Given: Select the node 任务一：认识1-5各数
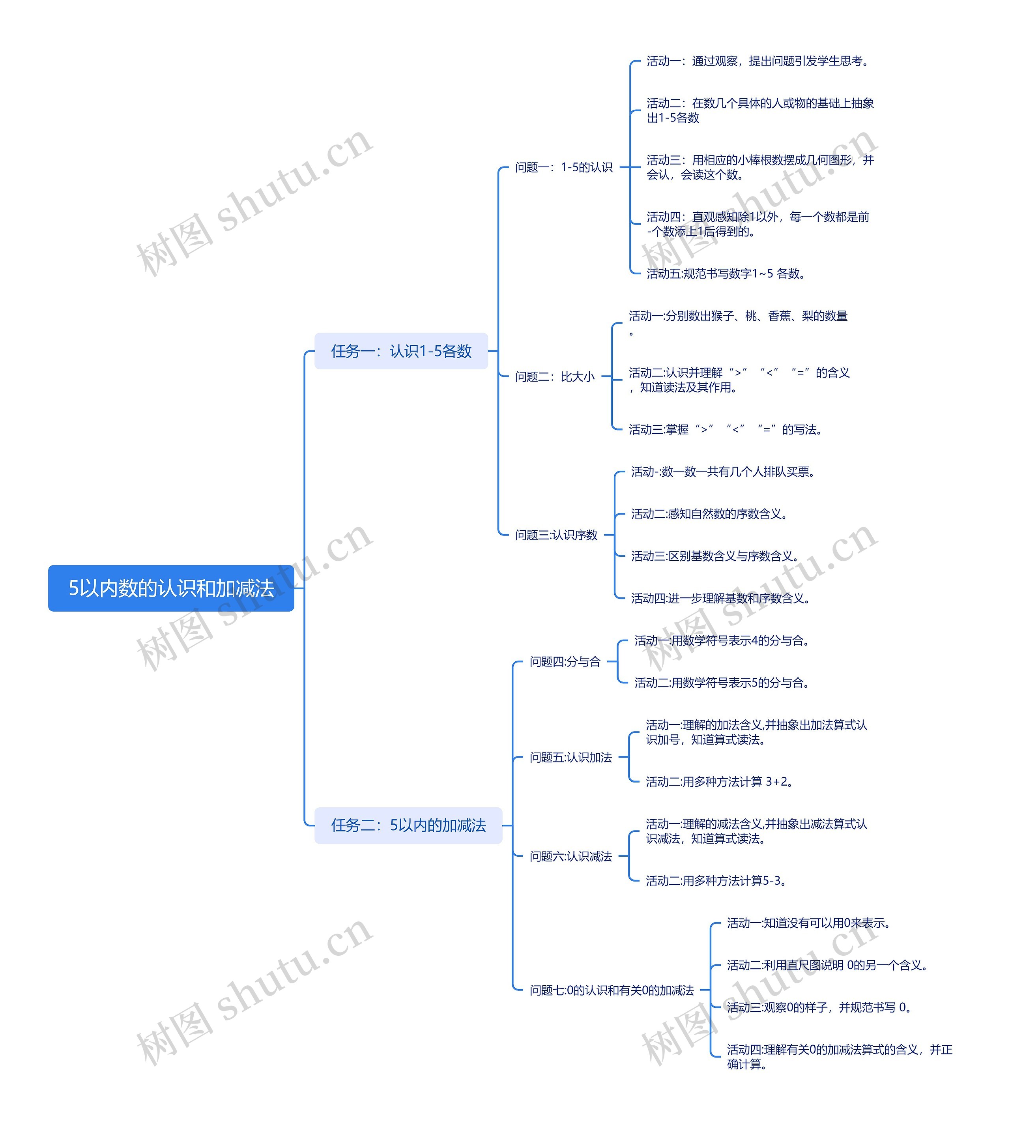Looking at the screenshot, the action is (401, 351).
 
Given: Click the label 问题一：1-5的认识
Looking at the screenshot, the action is (563, 167).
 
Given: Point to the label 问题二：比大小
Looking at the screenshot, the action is (554, 377).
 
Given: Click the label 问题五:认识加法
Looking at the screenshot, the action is (570, 758).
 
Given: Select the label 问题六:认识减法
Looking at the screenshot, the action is (570, 856).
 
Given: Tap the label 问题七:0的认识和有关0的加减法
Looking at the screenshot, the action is (612, 990).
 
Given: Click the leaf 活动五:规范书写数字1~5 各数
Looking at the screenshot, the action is (725, 273).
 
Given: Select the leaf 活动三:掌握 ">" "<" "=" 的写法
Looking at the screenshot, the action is (725, 430).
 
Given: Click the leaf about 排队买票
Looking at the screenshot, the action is (722, 472).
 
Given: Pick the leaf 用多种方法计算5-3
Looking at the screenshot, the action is (715, 881).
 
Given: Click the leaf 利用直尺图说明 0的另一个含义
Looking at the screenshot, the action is (827, 965).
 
